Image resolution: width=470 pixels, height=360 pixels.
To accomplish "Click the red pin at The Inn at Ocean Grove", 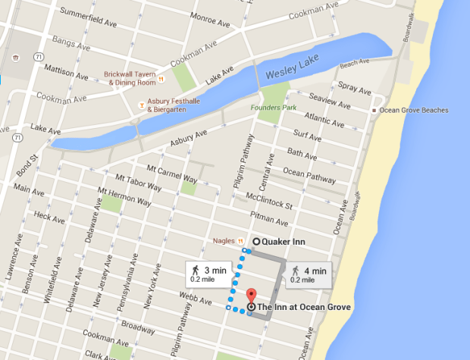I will (251, 296).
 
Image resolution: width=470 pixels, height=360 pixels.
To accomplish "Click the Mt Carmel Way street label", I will (167, 172).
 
